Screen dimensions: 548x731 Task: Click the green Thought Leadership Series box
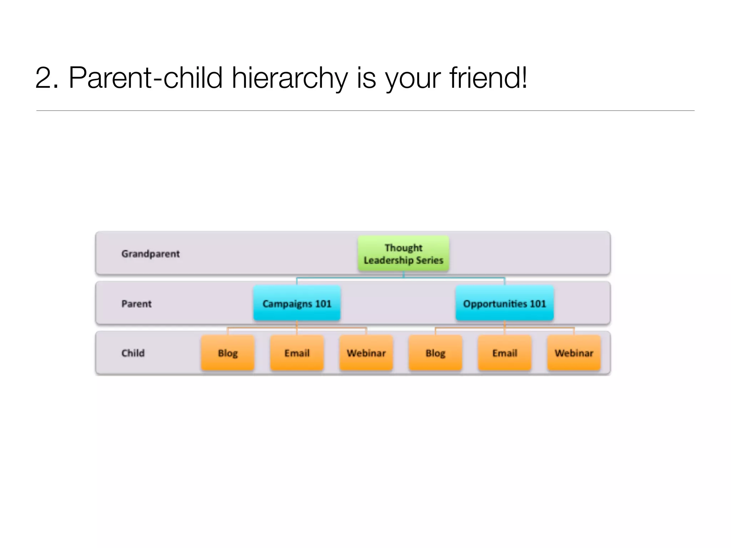pyautogui.click(x=403, y=254)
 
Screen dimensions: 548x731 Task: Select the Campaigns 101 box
pyautogui.click(x=297, y=304)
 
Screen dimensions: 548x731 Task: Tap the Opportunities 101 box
pyautogui.click(x=504, y=304)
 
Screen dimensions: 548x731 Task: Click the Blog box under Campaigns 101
pyautogui.click(x=228, y=353)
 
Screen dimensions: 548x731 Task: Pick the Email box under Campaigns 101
pyautogui.click(x=297, y=353)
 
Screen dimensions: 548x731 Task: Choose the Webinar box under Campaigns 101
pyautogui.click(x=366, y=353)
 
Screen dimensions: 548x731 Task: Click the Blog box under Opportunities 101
pyautogui.click(x=435, y=353)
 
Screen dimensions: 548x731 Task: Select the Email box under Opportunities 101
pyautogui.click(x=505, y=353)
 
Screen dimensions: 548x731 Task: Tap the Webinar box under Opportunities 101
pyautogui.click(x=574, y=353)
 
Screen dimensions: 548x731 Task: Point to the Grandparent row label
pyautogui.click(x=150, y=254)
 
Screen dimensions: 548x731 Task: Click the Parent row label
pyautogui.click(x=136, y=304)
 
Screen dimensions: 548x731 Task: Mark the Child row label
pyautogui.click(x=133, y=353)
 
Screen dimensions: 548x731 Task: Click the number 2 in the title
pyautogui.click(x=44, y=78)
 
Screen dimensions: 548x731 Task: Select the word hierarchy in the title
pyautogui.click(x=289, y=78)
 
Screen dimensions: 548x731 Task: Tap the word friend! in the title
pyautogui.click(x=488, y=78)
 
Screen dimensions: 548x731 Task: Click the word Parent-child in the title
pyautogui.click(x=146, y=78)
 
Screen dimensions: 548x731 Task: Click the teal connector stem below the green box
pyautogui.click(x=403, y=274)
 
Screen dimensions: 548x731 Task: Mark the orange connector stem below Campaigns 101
pyautogui.click(x=297, y=324)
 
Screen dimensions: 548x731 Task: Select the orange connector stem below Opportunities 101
pyautogui.click(x=505, y=324)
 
